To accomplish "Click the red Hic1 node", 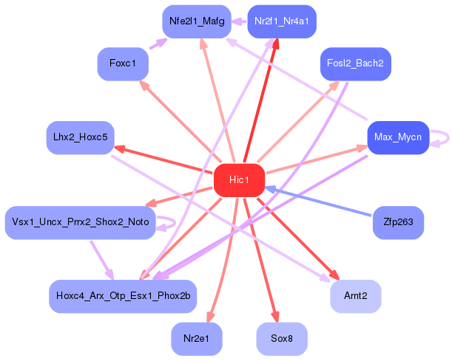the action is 239,180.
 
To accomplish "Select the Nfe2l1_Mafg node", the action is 197,21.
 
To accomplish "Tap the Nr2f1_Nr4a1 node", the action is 282,21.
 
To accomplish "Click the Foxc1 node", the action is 123,64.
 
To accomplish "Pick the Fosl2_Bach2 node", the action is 356,64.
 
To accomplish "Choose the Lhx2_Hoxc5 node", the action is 81,137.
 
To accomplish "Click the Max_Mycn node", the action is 398,137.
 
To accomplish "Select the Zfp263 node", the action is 398,223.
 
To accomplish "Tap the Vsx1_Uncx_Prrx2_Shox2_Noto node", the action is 81,223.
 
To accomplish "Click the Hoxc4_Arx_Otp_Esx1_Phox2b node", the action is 123,296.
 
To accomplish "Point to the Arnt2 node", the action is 356,296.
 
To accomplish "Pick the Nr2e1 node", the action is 197,339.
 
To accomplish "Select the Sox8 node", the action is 282,339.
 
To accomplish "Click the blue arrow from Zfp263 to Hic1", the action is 317,201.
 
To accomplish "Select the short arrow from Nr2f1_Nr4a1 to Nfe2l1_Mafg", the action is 239,21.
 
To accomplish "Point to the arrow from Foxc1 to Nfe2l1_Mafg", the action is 158,44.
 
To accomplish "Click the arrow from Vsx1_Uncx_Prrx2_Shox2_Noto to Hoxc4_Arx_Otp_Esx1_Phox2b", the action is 102,260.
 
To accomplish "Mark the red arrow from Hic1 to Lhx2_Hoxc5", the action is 163,160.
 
